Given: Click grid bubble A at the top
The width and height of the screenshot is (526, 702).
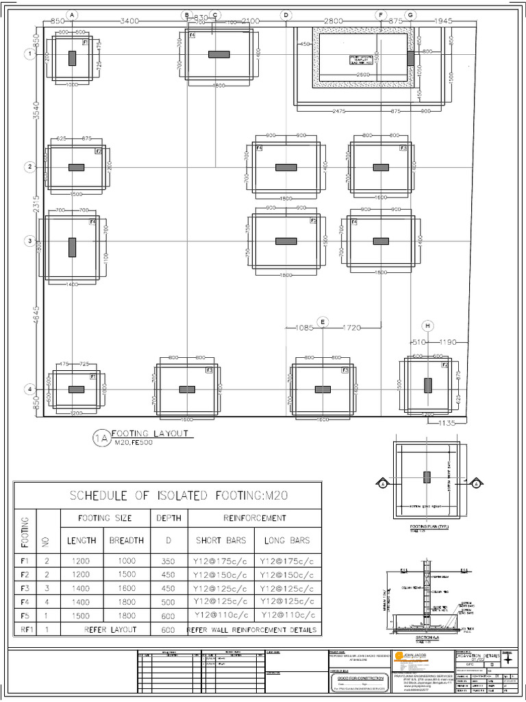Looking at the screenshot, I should pos(73,14).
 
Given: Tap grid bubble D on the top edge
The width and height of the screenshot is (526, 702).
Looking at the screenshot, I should pos(286,14).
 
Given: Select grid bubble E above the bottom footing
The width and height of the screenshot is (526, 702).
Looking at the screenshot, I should pos(322,322).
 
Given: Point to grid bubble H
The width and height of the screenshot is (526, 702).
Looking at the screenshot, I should pos(428,325).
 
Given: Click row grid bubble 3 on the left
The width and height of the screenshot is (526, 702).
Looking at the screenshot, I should pos(29,241).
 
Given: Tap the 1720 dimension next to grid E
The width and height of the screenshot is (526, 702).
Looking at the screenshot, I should pos(351,328).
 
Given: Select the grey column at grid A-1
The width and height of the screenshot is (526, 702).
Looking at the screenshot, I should pos(72,58).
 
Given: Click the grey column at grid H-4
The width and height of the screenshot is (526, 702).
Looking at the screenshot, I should pos(427,385).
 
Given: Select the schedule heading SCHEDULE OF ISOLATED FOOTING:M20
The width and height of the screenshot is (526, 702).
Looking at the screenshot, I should pos(167,496).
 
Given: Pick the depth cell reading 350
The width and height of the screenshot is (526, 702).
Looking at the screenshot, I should pos(168,561).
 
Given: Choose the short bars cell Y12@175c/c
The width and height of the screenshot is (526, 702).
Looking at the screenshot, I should pos(221,561).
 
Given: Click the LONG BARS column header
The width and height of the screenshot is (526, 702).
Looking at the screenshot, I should pos(287,540).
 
